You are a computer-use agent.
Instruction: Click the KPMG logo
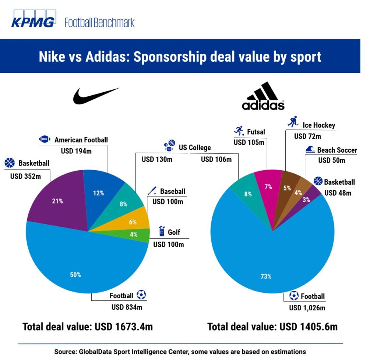click(33, 21)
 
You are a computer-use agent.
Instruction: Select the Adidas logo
click(263, 96)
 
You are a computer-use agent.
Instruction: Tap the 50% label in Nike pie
click(75, 274)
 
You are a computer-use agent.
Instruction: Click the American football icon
click(45, 139)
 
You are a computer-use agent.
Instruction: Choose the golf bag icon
click(161, 232)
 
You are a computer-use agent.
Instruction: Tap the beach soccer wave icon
click(310, 150)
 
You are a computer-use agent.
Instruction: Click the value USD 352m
click(25, 176)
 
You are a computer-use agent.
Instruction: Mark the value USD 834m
click(127, 307)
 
